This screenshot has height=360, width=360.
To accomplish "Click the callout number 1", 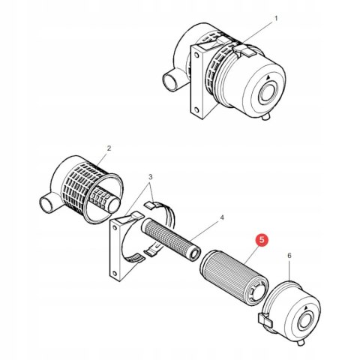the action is pyautogui.click(x=276, y=19).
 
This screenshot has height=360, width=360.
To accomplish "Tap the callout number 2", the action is pyautogui.click(x=109, y=148).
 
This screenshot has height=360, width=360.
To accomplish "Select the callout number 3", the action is pyautogui.click(x=150, y=177).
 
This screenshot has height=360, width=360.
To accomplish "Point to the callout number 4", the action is pyautogui.click(x=222, y=217).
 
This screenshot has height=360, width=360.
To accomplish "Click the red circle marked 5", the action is pyautogui.click(x=262, y=240).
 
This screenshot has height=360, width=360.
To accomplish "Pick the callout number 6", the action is pyautogui.click(x=289, y=256).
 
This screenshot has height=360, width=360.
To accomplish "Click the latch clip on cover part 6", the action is pyautogui.click(x=265, y=320).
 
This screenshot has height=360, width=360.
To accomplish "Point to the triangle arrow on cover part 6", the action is pyautogui.click(x=305, y=307).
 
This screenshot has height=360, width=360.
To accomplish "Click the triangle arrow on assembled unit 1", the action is pyautogui.click(x=268, y=78).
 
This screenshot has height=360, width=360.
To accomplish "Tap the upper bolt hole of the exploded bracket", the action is pyautogui.click(x=115, y=228).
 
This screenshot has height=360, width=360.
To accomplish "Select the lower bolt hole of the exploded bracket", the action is pyautogui.click(x=115, y=273).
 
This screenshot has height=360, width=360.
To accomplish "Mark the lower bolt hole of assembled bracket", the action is pyautogui.click(x=196, y=109).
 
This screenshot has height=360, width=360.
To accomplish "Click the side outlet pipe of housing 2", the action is pyautogui.click(x=49, y=204).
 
